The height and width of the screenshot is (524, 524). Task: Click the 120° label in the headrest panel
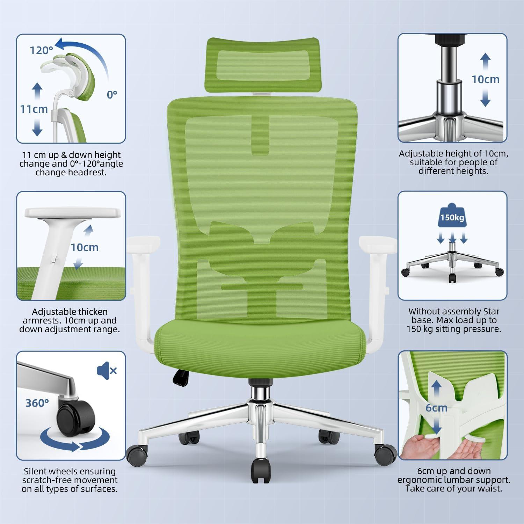tap(41, 51)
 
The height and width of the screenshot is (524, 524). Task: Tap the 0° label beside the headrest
tap(112, 94)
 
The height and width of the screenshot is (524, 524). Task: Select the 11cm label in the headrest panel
tap(34, 109)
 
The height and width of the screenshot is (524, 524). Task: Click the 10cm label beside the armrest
tap(85, 248)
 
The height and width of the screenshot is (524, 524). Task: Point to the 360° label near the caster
tap(37, 403)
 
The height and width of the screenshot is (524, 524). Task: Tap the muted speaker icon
tap(107, 370)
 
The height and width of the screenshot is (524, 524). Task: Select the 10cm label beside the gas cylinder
tap(486, 79)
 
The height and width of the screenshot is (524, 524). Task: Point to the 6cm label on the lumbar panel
tap(436, 408)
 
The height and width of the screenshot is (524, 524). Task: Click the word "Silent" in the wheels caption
tap(36, 472)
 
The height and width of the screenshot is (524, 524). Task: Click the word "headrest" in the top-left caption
tap(88, 172)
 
